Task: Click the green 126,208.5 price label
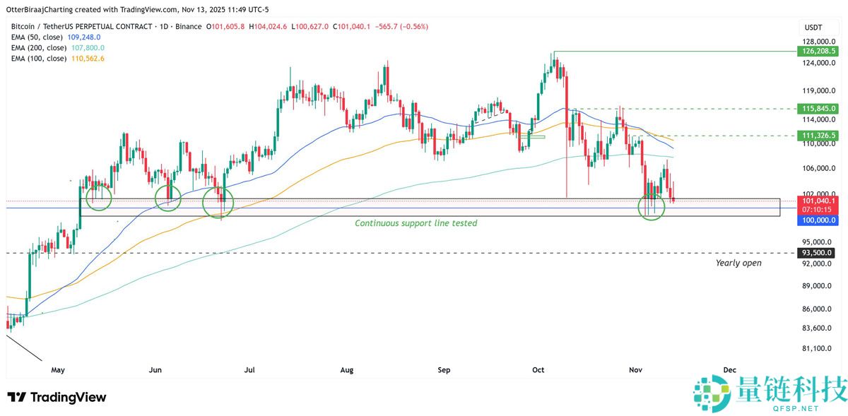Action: tap(816, 52)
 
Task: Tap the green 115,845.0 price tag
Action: tap(816, 109)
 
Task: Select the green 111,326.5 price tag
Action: tap(816, 135)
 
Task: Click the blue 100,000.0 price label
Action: tap(816, 220)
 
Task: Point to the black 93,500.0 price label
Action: tap(816, 253)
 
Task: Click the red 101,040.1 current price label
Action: tap(816, 201)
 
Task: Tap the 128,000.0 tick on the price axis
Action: tap(816, 42)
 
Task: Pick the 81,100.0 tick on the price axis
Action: tap(816, 348)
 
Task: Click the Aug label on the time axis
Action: tap(346, 369)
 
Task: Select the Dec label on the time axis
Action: tap(730, 369)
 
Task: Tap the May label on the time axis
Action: tap(58, 369)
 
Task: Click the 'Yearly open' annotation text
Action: tap(738, 263)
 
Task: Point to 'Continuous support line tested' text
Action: tap(416, 223)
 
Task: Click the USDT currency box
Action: tap(809, 28)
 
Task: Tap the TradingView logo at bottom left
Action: tap(57, 398)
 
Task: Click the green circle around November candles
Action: tap(652, 206)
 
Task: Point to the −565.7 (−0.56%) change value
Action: tap(403, 27)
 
